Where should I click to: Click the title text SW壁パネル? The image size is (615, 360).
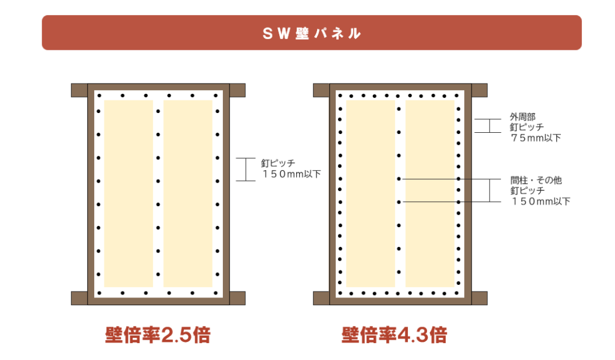(312, 33)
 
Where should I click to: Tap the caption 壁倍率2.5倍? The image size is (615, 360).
(157, 335)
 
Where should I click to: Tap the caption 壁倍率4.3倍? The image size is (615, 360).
(394, 335)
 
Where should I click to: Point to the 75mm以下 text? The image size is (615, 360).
(536, 138)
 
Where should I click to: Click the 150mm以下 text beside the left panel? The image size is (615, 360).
(291, 174)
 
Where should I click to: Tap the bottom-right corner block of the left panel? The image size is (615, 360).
(238, 298)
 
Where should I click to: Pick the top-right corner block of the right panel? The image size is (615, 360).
(479, 90)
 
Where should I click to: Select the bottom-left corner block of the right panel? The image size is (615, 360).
(321, 298)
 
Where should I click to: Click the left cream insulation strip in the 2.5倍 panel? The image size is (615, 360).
(129, 194)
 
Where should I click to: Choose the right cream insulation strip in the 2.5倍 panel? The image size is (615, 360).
(187, 194)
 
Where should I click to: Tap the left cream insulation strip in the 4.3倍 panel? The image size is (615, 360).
(370, 194)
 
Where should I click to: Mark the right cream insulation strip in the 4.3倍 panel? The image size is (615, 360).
(429, 194)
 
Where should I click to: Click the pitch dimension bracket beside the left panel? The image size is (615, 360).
(246, 169)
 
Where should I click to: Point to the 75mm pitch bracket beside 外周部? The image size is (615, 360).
(489, 126)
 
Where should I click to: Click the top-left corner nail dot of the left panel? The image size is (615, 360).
(98, 95)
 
